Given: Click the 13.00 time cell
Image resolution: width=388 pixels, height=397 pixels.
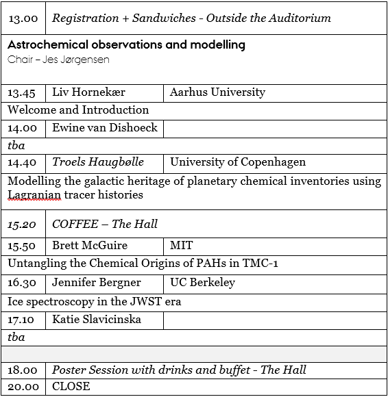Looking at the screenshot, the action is coord(23,18).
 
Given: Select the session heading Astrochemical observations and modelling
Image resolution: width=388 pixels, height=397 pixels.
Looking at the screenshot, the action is coord(127,45).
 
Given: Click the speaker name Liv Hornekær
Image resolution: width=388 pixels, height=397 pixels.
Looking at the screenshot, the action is coord(90,92).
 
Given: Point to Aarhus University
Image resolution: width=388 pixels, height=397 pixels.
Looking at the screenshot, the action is coord(217,92).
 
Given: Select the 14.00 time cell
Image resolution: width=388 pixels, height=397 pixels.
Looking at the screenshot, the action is coord(23,128).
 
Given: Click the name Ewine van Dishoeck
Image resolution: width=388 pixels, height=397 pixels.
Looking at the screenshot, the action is coord(104,127).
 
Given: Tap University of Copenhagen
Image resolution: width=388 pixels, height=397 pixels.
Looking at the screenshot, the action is coord(238,162).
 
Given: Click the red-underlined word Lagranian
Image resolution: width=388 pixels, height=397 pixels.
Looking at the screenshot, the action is coord(32,195).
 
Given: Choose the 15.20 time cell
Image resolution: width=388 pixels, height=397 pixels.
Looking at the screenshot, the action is coord(23,225).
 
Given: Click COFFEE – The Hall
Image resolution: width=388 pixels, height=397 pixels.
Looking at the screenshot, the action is coord(105,224).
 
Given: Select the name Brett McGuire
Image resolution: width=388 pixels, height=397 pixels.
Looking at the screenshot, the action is coord(90,245).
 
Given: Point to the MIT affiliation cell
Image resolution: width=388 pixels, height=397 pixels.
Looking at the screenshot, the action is coord(182,245).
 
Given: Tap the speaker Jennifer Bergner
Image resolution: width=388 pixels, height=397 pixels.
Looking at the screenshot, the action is coord(97,282).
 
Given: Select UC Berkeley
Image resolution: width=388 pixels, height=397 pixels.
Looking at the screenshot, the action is coord(202,282).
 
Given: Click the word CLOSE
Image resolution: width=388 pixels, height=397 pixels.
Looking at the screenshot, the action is coord(71,386).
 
